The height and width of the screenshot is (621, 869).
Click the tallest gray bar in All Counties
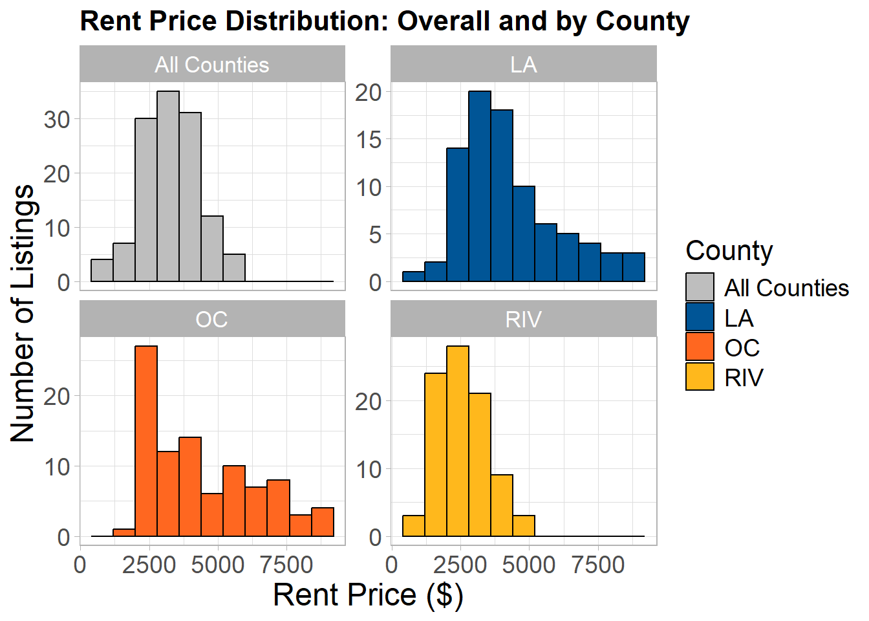pyautogui.click(x=168, y=186)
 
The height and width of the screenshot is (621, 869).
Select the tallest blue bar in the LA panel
pyautogui.click(x=480, y=186)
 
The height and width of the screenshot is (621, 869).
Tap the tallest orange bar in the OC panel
pyautogui.click(x=146, y=441)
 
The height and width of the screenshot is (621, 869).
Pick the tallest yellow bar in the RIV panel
pyautogui.click(x=458, y=441)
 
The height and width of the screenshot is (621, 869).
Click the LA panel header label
pyautogui.click(x=524, y=65)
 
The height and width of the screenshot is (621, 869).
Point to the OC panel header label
pyautogui.click(x=211, y=320)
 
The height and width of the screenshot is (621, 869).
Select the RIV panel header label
pyautogui.click(x=523, y=320)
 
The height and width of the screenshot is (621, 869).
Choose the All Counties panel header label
pyautogui.click(x=212, y=65)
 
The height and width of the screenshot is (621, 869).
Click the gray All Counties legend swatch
pyautogui.click(x=700, y=287)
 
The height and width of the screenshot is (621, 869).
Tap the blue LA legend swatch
pyautogui.click(x=700, y=317)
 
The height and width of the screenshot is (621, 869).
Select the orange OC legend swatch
pyautogui.click(x=700, y=347)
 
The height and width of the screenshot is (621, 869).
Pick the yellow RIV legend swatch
pyautogui.click(x=700, y=376)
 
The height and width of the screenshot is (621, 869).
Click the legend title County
pyautogui.click(x=729, y=252)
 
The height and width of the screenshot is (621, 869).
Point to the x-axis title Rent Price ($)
pyautogui.click(x=368, y=595)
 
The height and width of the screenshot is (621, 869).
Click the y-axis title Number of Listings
pyautogui.click(x=23, y=313)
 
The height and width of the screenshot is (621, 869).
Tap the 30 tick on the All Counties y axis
pyautogui.click(x=57, y=120)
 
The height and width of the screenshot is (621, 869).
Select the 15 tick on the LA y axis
pyautogui.click(x=369, y=140)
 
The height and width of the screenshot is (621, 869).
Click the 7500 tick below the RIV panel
pyautogui.click(x=598, y=565)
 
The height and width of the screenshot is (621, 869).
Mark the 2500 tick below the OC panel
pyautogui.click(x=149, y=565)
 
